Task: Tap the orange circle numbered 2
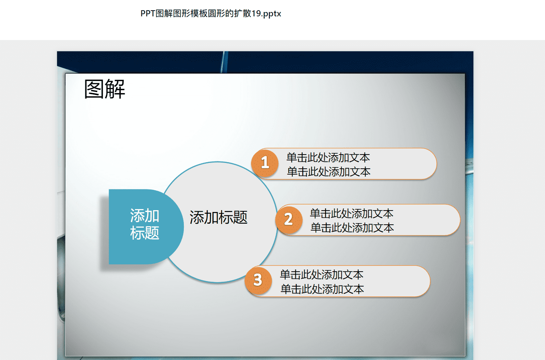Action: point(289,220)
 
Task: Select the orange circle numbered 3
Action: point(258,280)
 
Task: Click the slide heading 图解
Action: point(105,89)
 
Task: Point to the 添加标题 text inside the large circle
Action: point(218,217)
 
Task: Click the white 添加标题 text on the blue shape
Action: point(145,224)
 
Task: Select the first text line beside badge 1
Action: point(328,157)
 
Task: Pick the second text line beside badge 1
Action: point(328,172)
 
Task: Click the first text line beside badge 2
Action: point(351,213)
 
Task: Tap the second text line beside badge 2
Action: point(352,228)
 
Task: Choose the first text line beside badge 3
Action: point(322,275)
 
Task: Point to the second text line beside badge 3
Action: point(322,289)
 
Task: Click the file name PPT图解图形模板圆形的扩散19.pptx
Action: point(211,13)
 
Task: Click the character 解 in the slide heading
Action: point(115,89)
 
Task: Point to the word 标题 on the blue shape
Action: point(145,233)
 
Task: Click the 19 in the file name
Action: point(256,13)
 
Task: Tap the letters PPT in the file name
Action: point(148,13)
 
